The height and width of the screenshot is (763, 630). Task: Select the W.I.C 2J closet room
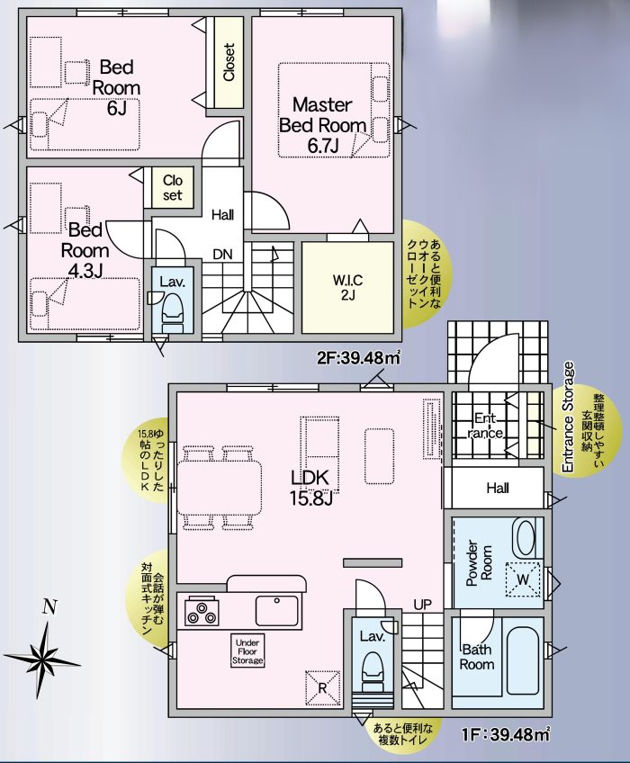[347, 286]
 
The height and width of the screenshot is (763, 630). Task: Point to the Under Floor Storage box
[248, 651]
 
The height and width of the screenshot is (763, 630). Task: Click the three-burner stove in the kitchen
[202, 613]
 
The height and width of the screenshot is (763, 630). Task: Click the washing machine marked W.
[522, 577]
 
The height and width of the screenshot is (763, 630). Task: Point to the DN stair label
[223, 254]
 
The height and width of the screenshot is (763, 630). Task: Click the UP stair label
[422, 603]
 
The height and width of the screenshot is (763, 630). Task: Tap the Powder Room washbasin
[524, 538]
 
